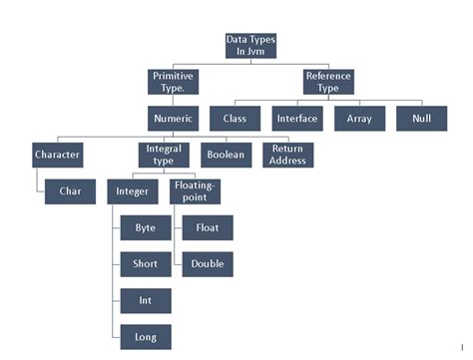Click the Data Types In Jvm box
(249, 45)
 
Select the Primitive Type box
(173, 82)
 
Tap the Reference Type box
(327, 82)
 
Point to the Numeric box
(173, 119)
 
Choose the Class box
(236, 119)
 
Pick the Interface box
(296, 119)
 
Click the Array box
(359, 119)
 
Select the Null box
(420, 119)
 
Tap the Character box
(57, 156)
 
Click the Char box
(70, 191)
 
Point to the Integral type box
(162, 156)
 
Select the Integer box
(132, 191)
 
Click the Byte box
(146, 228)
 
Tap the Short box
(146, 264)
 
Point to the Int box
(146, 300)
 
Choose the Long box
(146, 336)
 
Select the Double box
(208, 264)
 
